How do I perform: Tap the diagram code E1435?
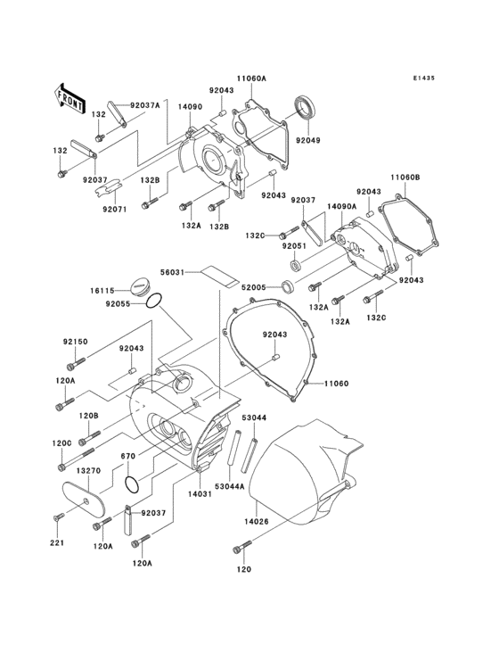(424, 78)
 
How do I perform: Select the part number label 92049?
(308, 140)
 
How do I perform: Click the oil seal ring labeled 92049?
(306, 107)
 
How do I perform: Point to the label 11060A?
(251, 78)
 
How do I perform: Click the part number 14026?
(257, 521)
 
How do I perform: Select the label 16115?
(102, 290)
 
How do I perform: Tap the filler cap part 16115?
(140, 287)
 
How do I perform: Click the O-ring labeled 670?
(133, 484)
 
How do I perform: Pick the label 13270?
(88, 471)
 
